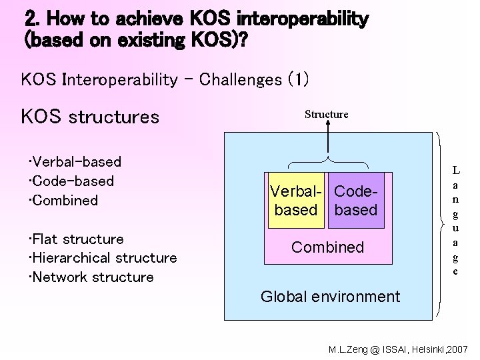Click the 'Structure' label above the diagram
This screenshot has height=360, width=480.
point(326,114)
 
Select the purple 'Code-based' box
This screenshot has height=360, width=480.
point(356,201)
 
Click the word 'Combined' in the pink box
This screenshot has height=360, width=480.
point(327,247)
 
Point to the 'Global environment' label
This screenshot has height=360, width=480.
point(330,297)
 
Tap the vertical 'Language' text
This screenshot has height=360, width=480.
point(455,220)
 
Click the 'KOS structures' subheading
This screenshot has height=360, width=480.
point(90,117)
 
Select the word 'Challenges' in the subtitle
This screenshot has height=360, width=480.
point(241,80)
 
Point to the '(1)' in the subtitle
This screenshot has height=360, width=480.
point(298,80)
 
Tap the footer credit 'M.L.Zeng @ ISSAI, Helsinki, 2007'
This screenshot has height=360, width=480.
point(399,349)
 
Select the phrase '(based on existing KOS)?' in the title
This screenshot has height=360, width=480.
point(134,40)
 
